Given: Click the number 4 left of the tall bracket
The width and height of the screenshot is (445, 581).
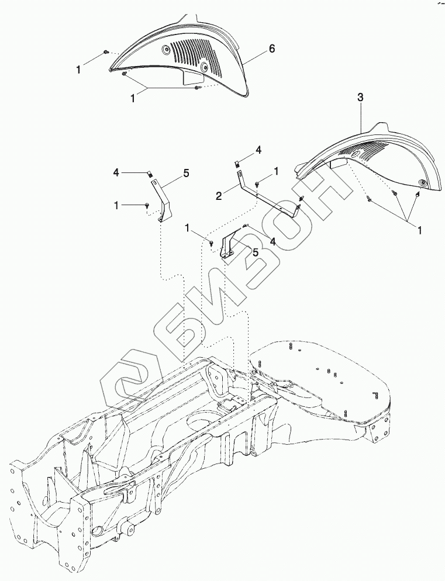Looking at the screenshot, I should [x=116, y=173].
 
